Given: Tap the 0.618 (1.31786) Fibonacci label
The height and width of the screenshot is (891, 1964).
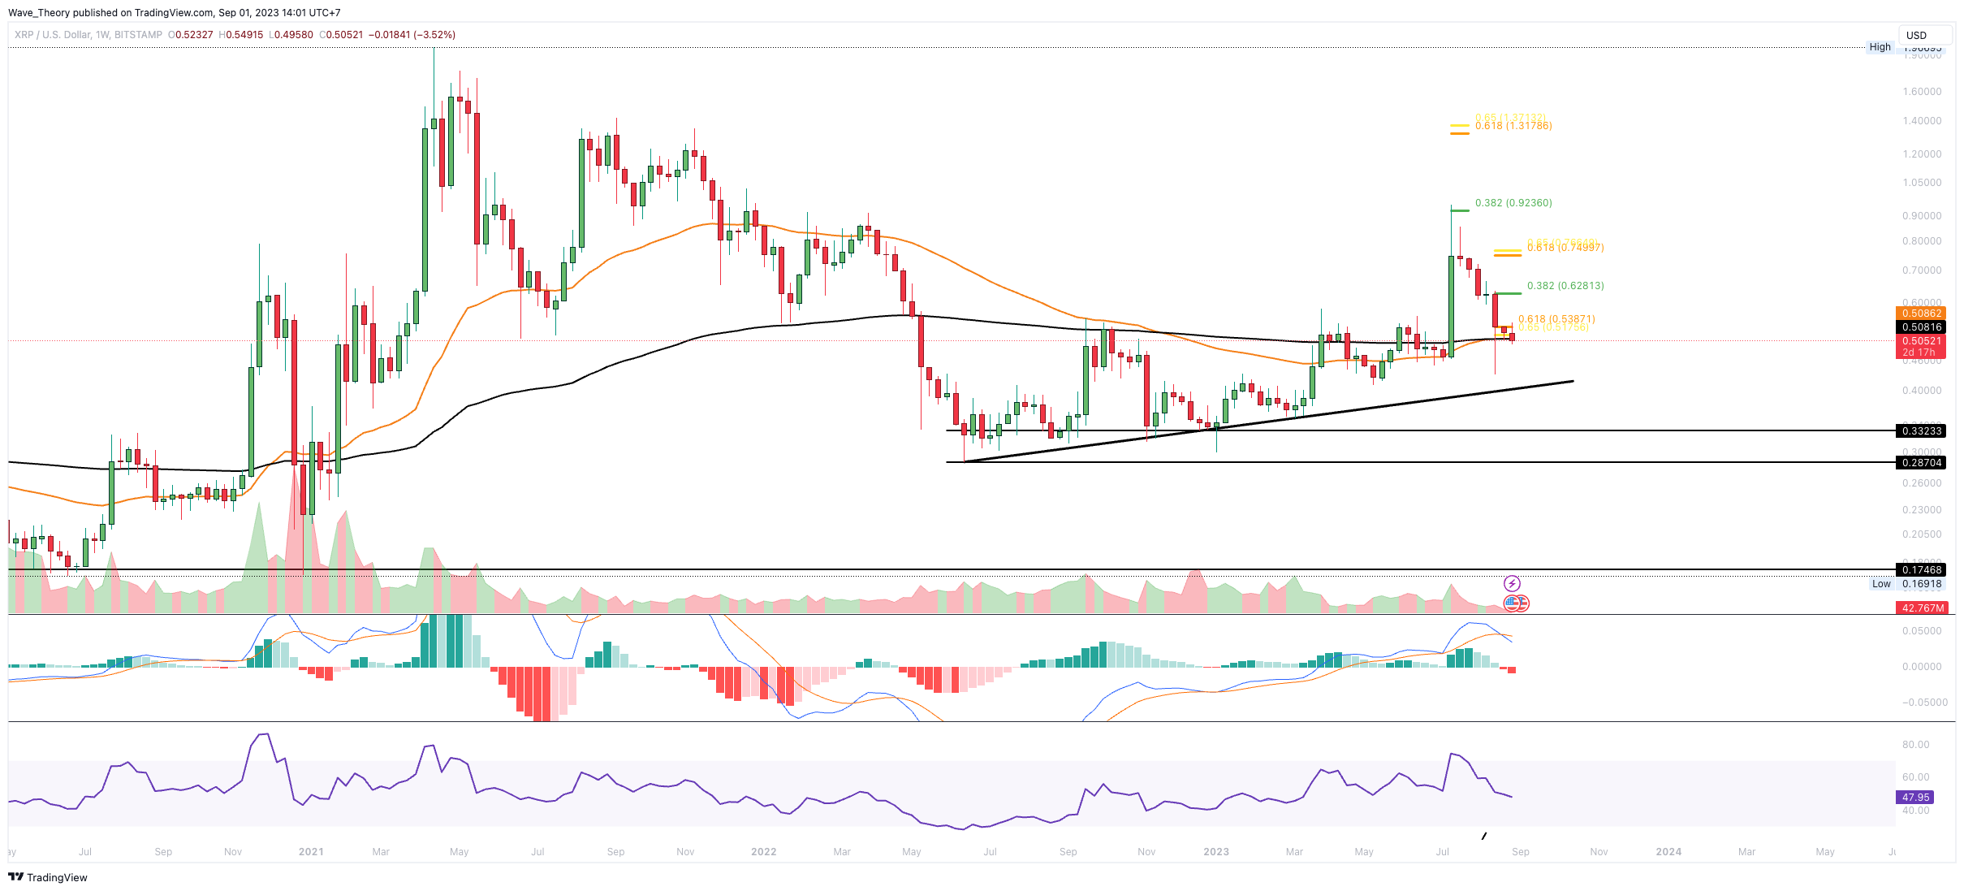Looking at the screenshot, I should click(1513, 126).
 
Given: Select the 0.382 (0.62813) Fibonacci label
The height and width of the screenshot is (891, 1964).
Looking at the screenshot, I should click(1565, 286).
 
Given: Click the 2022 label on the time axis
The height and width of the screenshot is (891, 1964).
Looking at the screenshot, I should click(763, 852).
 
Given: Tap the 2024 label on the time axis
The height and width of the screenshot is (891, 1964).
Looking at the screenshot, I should click(1668, 852).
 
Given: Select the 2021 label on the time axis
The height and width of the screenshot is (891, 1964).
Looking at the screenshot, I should click(311, 852).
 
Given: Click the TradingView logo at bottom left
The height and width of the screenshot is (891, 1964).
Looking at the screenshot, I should click(48, 877).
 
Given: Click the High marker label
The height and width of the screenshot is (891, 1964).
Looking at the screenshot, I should click(1880, 47).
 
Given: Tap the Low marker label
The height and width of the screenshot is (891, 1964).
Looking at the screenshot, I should click(1881, 584).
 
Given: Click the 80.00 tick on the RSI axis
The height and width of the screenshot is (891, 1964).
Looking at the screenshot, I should click(1915, 745).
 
